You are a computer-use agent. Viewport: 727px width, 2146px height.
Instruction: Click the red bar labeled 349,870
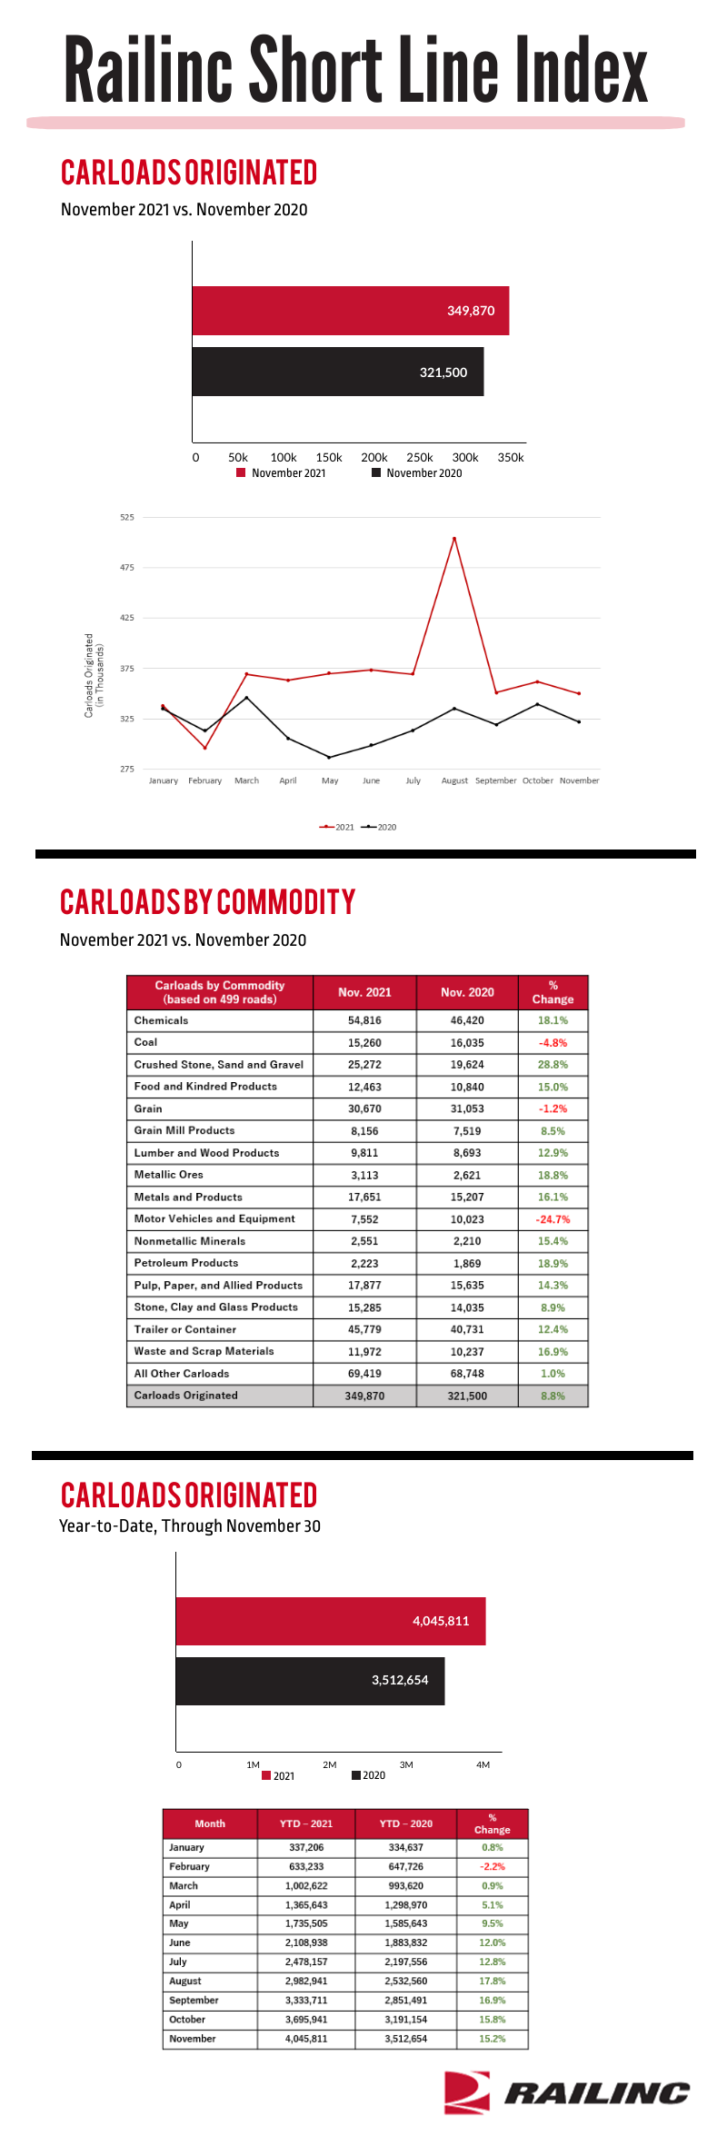tap(351, 311)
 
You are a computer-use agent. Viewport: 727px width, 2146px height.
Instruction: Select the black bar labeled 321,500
tap(338, 372)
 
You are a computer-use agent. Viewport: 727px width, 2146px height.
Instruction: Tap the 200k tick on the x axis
tap(374, 458)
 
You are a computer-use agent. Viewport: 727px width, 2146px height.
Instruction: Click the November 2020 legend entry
tap(417, 473)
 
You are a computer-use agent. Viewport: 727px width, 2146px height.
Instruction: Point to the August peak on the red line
tap(454, 539)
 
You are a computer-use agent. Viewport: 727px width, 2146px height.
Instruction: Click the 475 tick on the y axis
tap(127, 568)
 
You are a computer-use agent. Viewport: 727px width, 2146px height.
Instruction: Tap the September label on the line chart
tap(496, 780)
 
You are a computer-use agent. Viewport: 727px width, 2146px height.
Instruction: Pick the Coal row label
tap(145, 1042)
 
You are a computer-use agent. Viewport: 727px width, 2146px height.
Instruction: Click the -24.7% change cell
tap(553, 1219)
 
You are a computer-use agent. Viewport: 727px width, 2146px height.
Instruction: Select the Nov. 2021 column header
tap(364, 992)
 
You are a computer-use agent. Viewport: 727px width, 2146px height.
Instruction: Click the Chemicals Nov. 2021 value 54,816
tap(364, 1020)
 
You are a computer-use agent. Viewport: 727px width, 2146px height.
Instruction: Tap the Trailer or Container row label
tap(185, 1329)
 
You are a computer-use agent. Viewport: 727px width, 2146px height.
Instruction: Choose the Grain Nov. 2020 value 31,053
tap(467, 1108)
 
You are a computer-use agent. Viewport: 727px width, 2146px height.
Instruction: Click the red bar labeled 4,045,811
tap(331, 1621)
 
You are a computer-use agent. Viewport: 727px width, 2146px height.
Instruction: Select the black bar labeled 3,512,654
tap(310, 1681)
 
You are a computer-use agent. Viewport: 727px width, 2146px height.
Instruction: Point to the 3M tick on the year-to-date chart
tap(406, 1764)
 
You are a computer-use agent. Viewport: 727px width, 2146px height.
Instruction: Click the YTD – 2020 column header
tap(405, 1823)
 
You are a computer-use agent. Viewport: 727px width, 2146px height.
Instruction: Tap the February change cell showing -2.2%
tap(493, 1866)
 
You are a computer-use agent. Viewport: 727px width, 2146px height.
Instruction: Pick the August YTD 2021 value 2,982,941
tap(306, 1981)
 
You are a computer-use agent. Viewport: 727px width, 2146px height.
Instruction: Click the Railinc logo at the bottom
tap(567, 2092)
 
